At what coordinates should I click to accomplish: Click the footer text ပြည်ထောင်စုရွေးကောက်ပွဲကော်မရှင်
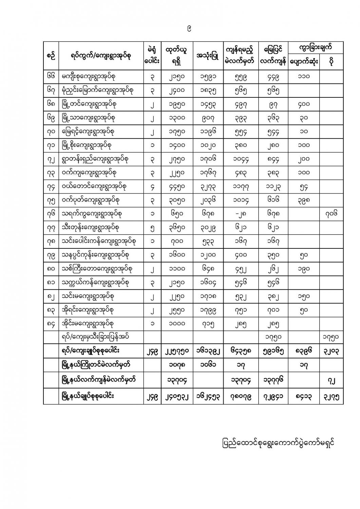pyautogui.click(x=277, y=444)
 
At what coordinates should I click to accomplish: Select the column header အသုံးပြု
pyautogui.click(x=207, y=56)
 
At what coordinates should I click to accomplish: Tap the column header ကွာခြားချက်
pyautogui.click(x=315, y=48)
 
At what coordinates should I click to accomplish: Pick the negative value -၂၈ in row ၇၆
pyautogui.click(x=240, y=214)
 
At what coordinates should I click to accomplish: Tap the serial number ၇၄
pyautogui.click(x=51, y=186)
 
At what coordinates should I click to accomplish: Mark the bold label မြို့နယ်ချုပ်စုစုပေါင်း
pyautogui.click(x=90, y=396)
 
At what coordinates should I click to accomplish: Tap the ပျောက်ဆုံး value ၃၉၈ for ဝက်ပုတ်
pyautogui.click(x=304, y=200)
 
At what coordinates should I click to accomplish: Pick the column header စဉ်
pyautogui.click(x=51, y=56)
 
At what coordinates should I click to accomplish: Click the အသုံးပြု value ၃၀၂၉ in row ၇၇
pyautogui.click(x=207, y=227)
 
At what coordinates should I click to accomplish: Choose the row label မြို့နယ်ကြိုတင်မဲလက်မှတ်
pyautogui.click(x=95, y=365)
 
